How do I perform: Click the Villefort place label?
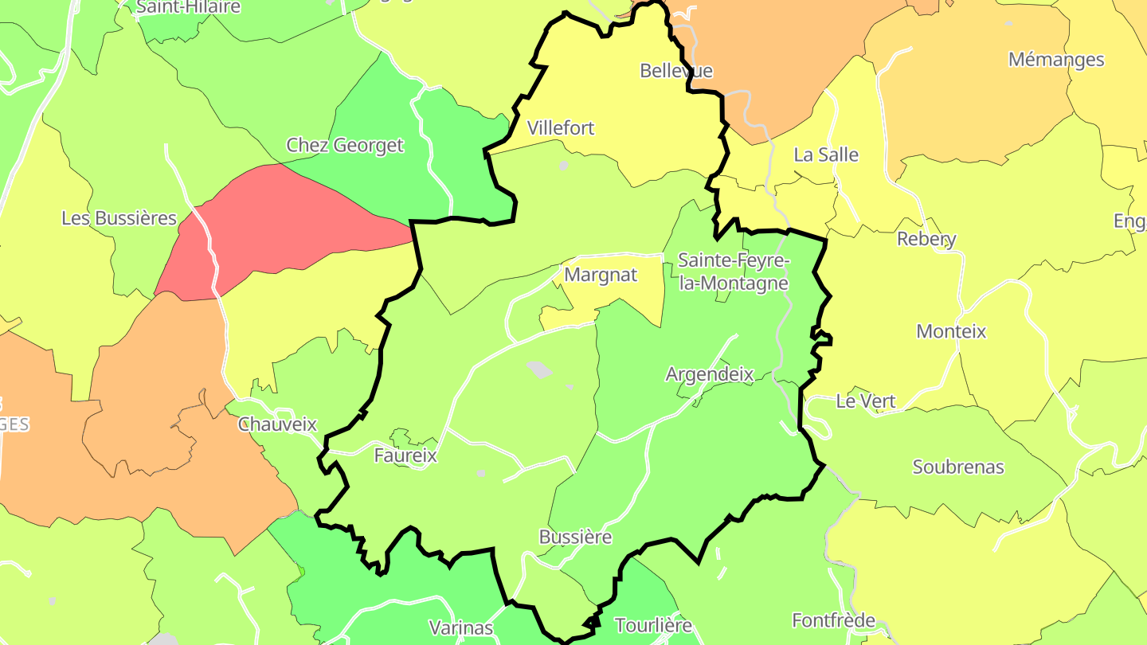561,128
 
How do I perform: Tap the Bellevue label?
676,71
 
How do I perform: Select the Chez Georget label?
345,146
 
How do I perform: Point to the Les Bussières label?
119,218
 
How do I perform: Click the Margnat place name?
601,276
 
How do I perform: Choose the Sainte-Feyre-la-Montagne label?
734,272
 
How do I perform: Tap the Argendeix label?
710,374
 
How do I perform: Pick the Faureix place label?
405,455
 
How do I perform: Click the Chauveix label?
277,424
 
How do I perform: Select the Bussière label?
575,537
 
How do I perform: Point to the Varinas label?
461,627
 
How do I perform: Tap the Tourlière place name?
654,626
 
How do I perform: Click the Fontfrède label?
833,620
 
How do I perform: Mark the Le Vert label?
866,402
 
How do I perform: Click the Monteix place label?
951,331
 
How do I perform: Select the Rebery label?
926,239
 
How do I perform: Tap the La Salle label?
826,155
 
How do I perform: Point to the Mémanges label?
1056,60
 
